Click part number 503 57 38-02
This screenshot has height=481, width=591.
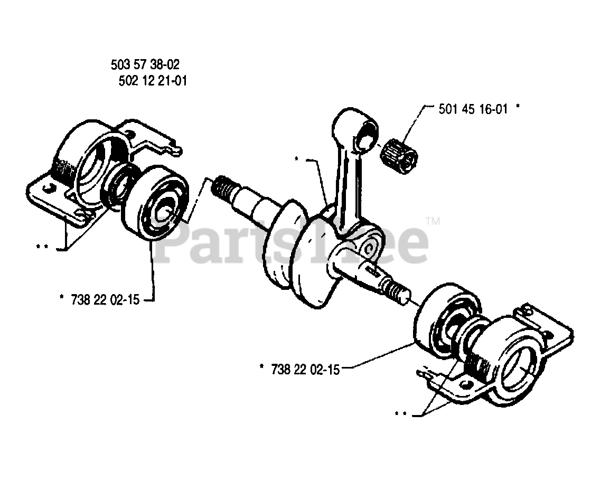click(145, 65)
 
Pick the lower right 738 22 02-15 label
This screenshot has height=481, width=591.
click(305, 370)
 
